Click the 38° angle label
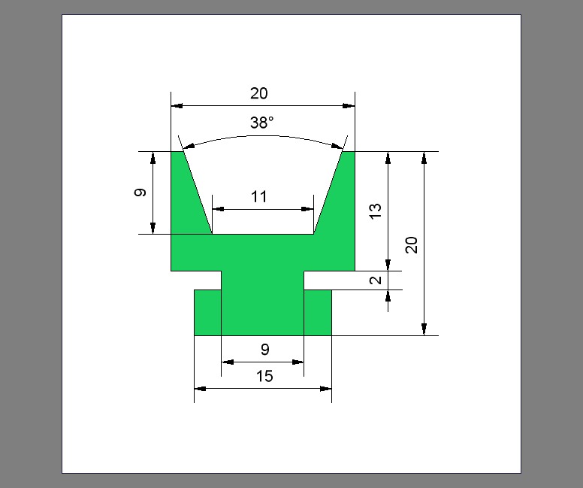click(x=261, y=123)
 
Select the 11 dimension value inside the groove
click(x=258, y=197)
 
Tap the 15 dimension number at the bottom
click(x=264, y=376)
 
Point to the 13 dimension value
click(x=376, y=211)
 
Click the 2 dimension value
click(x=376, y=280)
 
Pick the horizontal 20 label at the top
click(x=258, y=93)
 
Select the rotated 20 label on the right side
click(x=412, y=244)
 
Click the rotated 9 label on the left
click(x=140, y=192)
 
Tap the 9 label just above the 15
click(x=264, y=350)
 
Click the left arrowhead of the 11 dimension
click(x=218, y=209)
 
